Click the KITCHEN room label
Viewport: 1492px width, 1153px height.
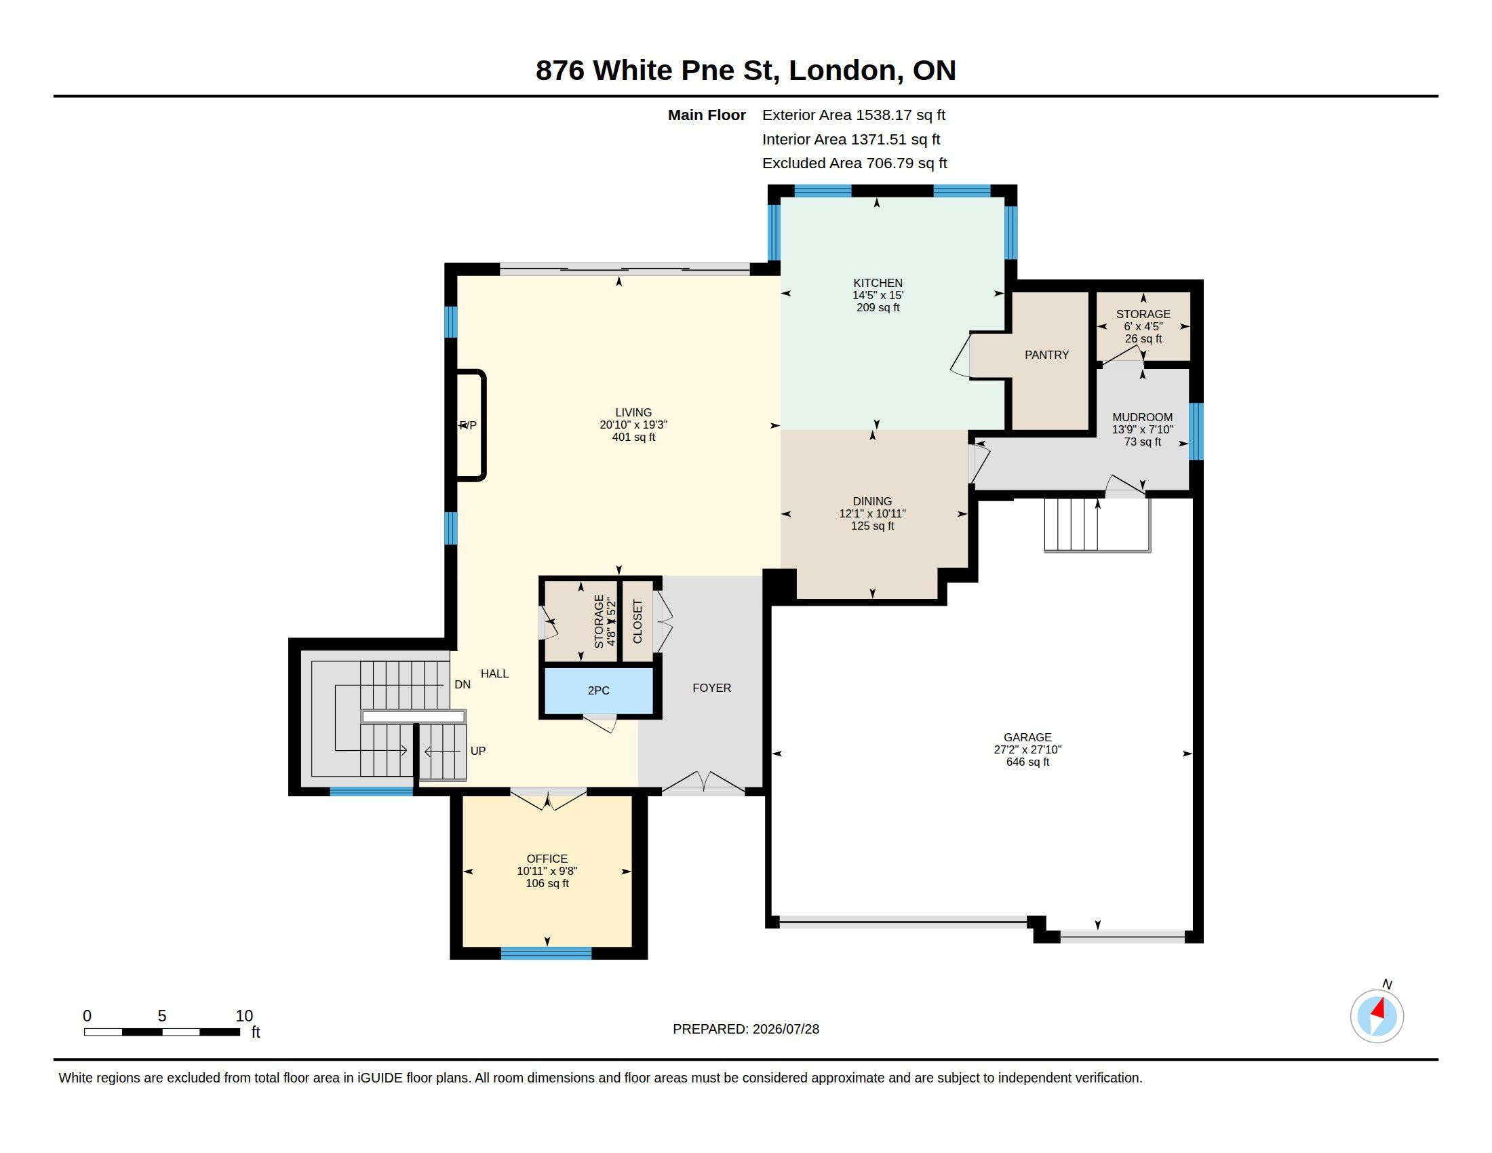coord(877,283)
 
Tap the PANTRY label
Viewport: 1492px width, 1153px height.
coord(1046,355)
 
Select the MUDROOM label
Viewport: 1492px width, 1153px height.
coord(1142,417)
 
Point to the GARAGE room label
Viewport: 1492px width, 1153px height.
coord(1027,737)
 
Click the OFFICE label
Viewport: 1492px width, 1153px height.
coord(547,859)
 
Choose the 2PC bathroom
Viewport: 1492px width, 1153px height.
coord(598,690)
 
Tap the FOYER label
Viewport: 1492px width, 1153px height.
coord(712,688)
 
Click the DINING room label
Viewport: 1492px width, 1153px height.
coord(872,501)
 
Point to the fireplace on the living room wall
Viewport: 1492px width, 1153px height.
coord(471,425)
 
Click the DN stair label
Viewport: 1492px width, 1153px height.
coord(463,684)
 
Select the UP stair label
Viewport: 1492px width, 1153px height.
coord(478,751)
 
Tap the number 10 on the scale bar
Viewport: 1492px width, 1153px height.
coord(245,1016)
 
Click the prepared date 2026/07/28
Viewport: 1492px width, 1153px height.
coord(785,1029)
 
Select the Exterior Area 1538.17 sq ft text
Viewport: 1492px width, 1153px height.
coord(853,115)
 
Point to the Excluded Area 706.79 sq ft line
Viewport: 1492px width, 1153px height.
coord(855,163)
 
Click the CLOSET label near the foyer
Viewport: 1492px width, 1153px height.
coord(638,621)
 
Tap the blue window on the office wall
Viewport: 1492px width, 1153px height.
coord(546,954)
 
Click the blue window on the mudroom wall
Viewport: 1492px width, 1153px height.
coord(1196,431)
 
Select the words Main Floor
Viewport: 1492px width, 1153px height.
coord(707,115)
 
